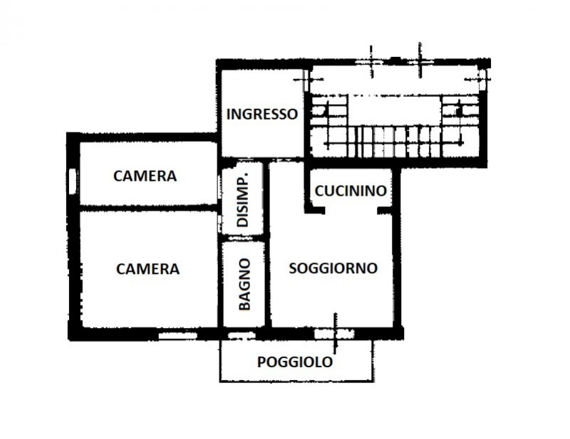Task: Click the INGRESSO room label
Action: tap(261, 115)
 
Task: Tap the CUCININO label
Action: tap(351, 191)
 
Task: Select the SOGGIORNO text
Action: tap(333, 268)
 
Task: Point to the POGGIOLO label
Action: tap(294, 361)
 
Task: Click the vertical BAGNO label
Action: tap(244, 283)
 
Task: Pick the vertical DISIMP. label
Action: tap(242, 199)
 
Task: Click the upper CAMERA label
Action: tap(145, 176)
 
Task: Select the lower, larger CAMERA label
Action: tap(147, 269)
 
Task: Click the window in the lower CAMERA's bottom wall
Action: tap(177, 334)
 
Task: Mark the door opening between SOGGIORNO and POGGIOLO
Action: tap(334, 333)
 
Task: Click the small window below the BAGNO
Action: tap(240, 334)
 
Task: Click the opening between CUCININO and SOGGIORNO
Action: tap(351, 209)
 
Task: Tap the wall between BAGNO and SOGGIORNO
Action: tap(267, 285)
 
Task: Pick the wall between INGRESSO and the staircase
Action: tap(307, 114)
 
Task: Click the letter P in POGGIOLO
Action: tap(261, 361)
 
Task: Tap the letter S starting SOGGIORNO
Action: tap(293, 268)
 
